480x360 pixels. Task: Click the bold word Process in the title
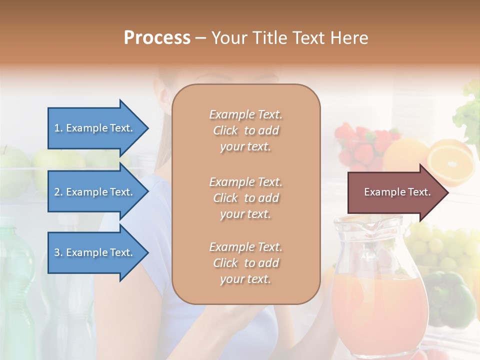click(157, 38)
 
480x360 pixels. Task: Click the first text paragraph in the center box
click(245, 130)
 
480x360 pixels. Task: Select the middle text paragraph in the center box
click(245, 198)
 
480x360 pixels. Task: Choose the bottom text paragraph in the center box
click(245, 263)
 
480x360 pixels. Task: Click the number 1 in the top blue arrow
click(56, 128)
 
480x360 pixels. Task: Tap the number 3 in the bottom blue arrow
click(56, 252)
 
